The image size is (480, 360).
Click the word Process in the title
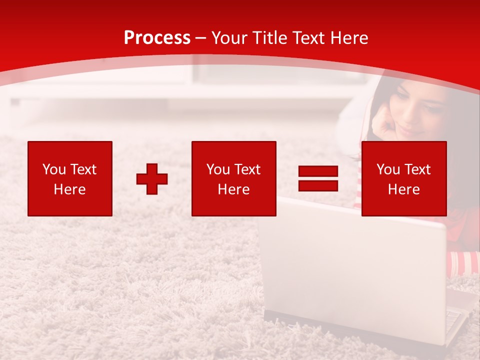(x=157, y=38)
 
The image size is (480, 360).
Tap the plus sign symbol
(x=152, y=179)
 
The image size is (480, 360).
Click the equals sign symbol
(x=318, y=178)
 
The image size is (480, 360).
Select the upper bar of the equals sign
(x=318, y=171)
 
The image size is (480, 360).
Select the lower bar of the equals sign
(x=318, y=185)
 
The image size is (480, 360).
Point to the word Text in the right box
(x=418, y=169)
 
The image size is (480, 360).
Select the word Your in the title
(x=231, y=38)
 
